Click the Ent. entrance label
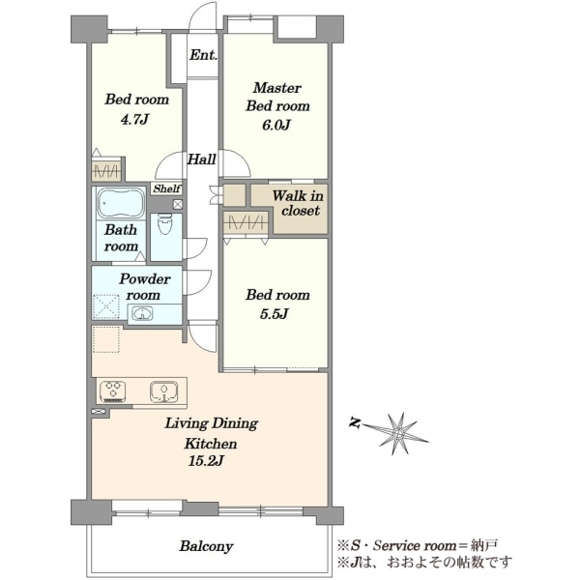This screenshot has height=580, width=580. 203,55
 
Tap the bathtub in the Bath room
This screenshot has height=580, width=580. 120,203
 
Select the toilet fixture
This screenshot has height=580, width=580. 165,224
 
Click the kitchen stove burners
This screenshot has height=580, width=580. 113,391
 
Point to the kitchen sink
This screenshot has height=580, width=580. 164,391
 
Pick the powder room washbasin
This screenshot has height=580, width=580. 142,313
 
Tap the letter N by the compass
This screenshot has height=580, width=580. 355,422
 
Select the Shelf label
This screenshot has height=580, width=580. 167,188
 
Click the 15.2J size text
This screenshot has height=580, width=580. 206,461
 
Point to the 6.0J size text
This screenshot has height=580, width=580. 275,125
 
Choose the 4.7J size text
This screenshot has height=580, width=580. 135,119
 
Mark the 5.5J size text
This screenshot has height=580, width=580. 275,314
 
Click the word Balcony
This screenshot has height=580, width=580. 207,546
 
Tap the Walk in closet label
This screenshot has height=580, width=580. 298,203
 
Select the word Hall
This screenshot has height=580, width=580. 202,159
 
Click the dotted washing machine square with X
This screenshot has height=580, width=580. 106,306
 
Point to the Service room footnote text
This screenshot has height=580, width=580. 417,545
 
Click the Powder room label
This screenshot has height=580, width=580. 144,287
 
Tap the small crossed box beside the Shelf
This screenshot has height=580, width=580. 178,204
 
